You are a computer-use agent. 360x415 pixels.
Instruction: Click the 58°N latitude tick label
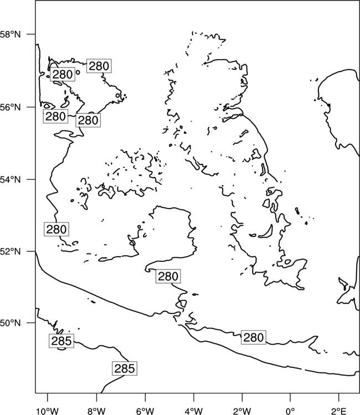click(10, 34)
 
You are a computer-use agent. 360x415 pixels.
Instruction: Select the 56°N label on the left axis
click(10, 107)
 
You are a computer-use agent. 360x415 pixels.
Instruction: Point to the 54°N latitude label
click(10, 179)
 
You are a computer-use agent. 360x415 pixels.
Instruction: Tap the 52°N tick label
click(10, 251)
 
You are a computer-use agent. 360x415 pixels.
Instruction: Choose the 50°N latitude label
click(10, 323)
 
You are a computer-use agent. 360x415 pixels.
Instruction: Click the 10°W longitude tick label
click(48, 411)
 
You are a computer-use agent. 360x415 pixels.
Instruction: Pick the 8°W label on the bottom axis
click(96, 411)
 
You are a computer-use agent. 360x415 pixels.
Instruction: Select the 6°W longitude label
click(145, 411)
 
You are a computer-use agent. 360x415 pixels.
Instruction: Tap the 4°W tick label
click(194, 411)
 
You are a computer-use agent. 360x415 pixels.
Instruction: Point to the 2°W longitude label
click(242, 411)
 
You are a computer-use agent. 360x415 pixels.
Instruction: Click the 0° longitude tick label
click(290, 411)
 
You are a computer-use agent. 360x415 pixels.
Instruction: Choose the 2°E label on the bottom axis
click(339, 411)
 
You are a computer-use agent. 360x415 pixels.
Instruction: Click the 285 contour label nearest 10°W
click(61, 341)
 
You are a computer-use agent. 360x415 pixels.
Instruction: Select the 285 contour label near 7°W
click(125, 368)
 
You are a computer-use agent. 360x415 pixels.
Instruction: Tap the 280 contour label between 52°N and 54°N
click(56, 229)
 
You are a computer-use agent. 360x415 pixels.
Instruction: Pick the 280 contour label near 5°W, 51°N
click(168, 276)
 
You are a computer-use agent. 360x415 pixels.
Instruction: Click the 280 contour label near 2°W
click(254, 338)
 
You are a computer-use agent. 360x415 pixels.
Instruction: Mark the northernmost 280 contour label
click(99, 66)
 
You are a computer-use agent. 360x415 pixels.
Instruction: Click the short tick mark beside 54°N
click(31, 179)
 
